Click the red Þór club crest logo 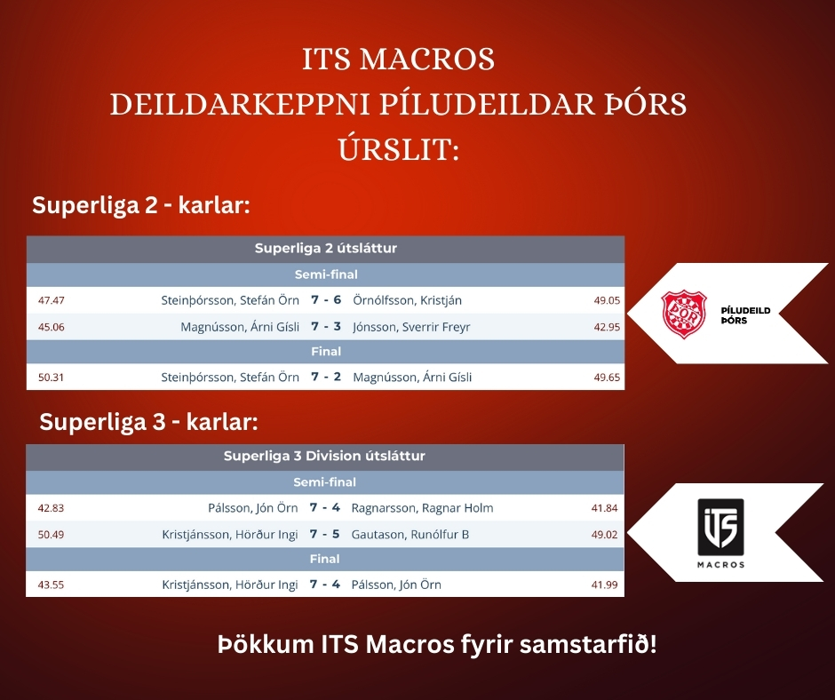click(x=684, y=314)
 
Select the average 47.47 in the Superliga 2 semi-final click(x=52, y=300)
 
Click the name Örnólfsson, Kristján click(x=407, y=300)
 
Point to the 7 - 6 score click(x=326, y=300)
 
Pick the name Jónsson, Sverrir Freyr click(x=411, y=327)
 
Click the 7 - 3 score click(x=326, y=327)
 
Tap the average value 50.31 click(x=52, y=378)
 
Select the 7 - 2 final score click(x=326, y=377)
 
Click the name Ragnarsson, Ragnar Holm click(x=422, y=508)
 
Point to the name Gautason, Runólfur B click(x=410, y=534)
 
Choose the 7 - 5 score click(x=324, y=534)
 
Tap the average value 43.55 click(x=51, y=585)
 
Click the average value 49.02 click(x=604, y=535)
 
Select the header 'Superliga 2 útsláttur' click(x=326, y=248)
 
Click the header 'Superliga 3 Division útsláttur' click(x=324, y=456)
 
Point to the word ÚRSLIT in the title click(x=398, y=150)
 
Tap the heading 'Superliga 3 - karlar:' click(x=148, y=422)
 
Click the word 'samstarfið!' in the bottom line click(x=588, y=645)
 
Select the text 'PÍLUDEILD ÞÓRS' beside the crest click(x=745, y=315)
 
